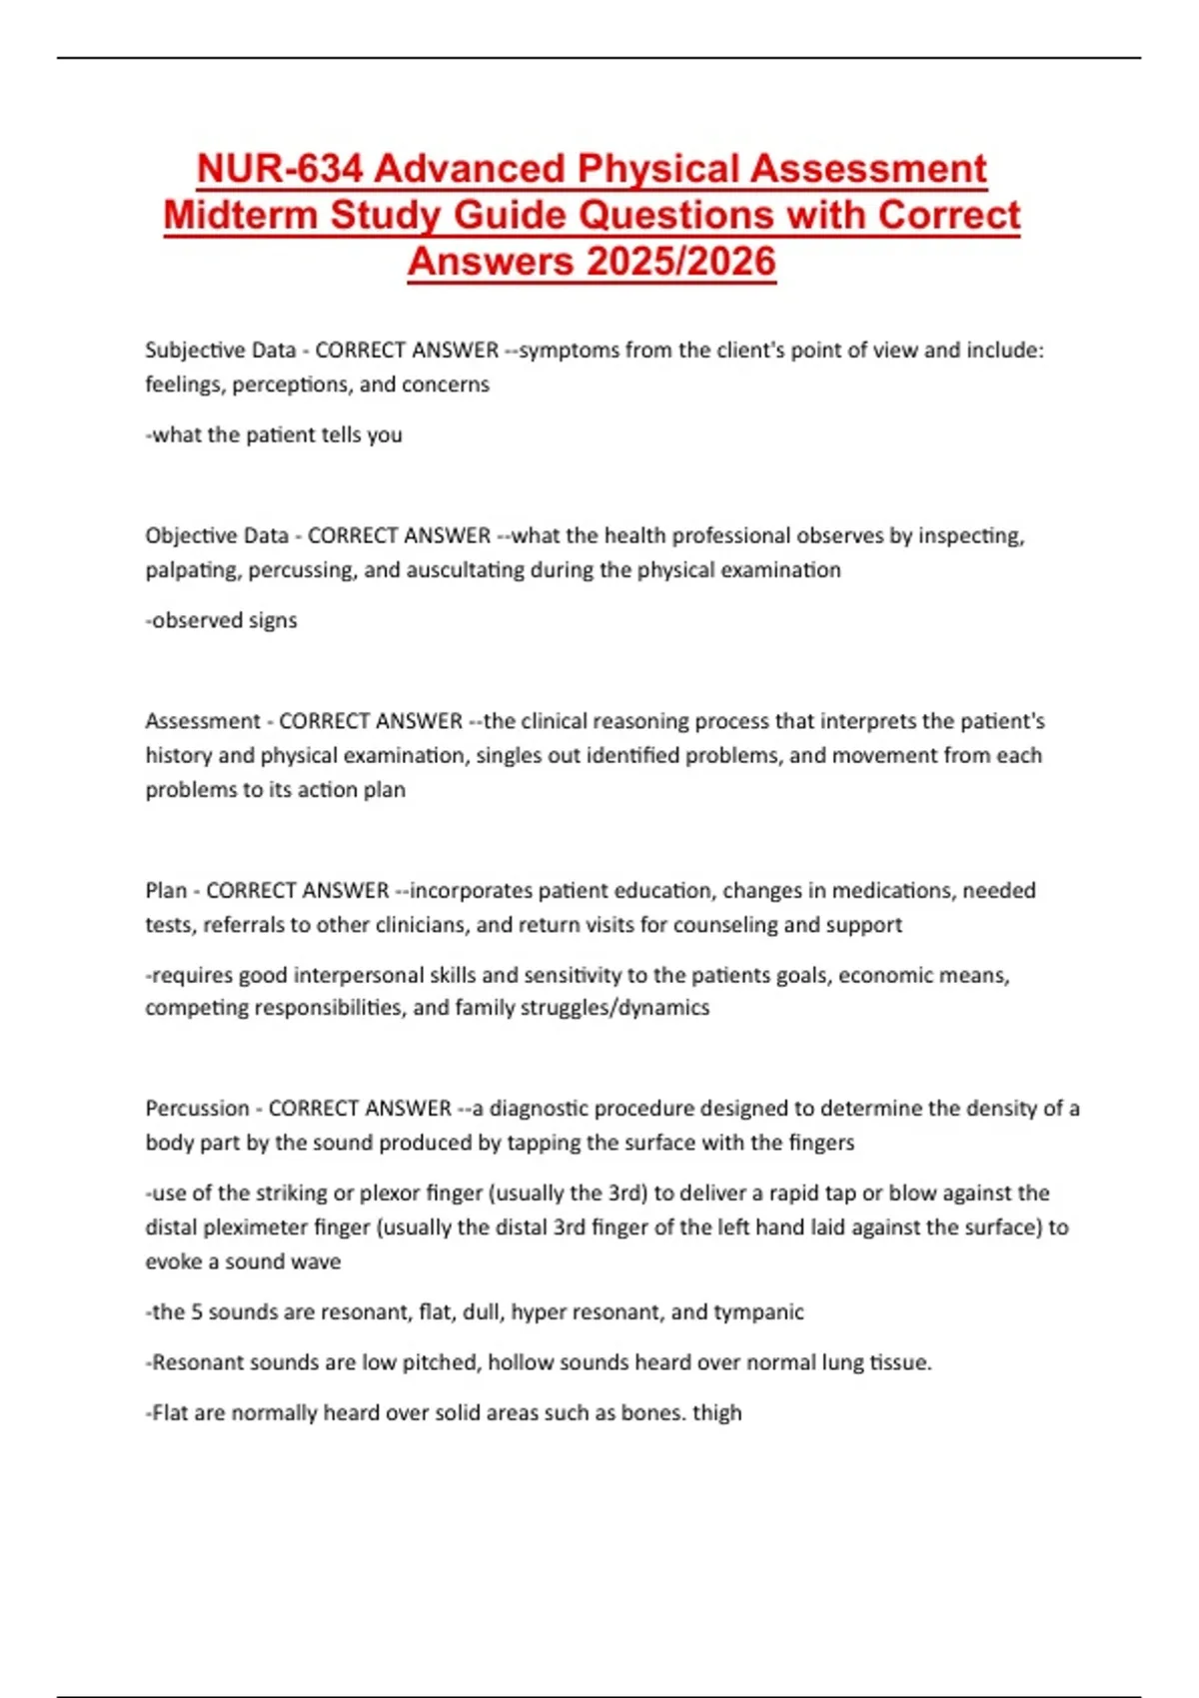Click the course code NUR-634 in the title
click(x=279, y=169)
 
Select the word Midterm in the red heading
click(x=240, y=215)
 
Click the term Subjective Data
click(x=220, y=351)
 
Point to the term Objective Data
click(x=217, y=536)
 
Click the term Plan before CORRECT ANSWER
click(x=166, y=891)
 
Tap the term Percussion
click(x=197, y=1109)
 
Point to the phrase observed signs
click(x=224, y=620)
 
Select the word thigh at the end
click(x=716, y=1413)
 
